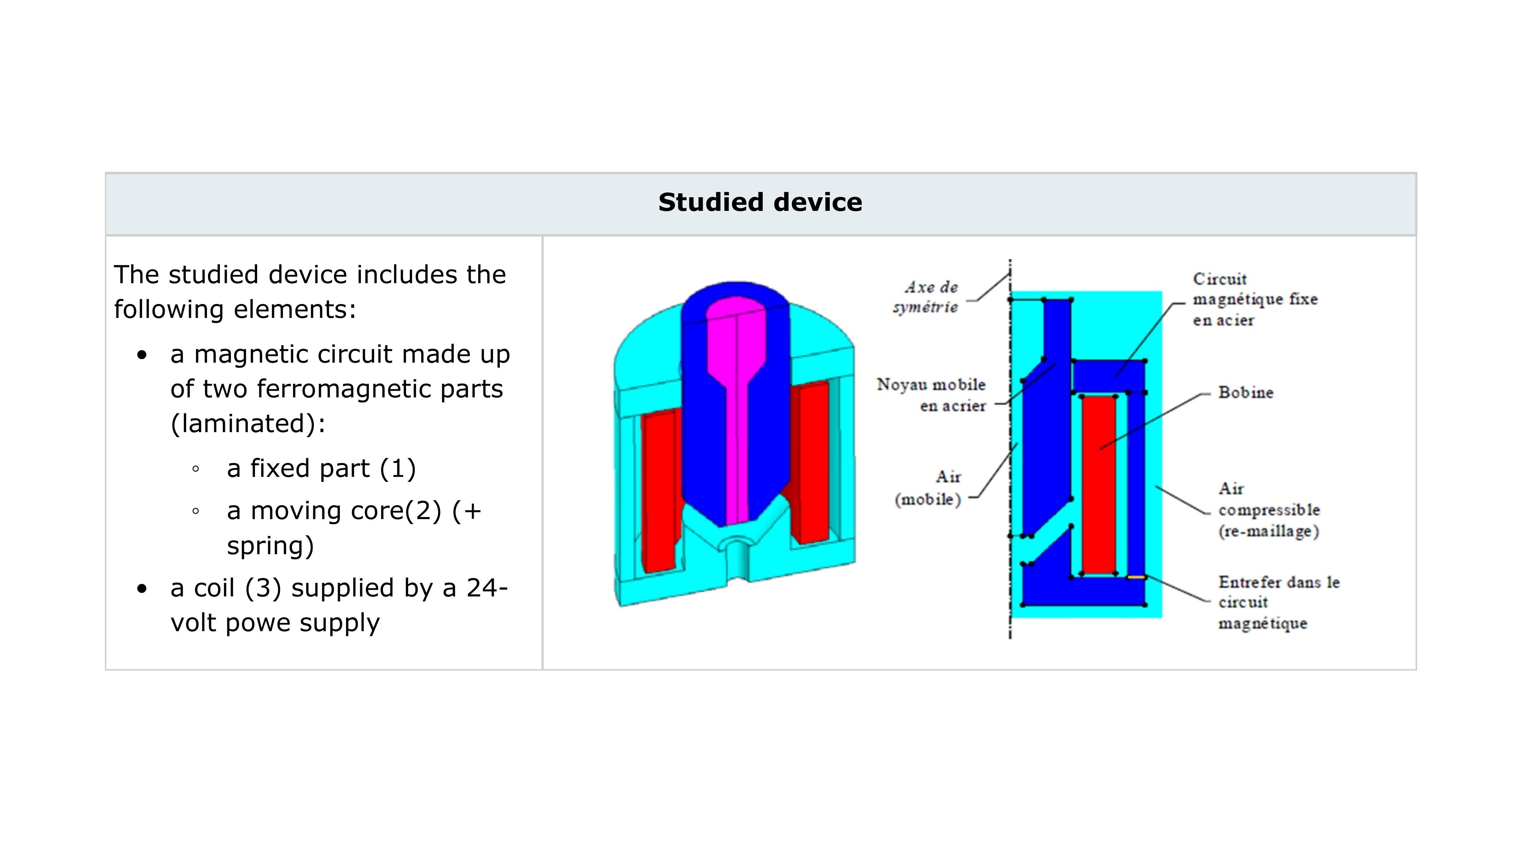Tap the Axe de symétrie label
pyautogui.click(x=926, y=297)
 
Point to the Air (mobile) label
pyautogui.click(x=929, y=488)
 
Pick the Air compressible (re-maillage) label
pyautogui.click(x=1268, y=510)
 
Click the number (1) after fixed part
pyautogui.click(x=398, y=469)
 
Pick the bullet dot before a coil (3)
pyautogui.click(x=142, y=589)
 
